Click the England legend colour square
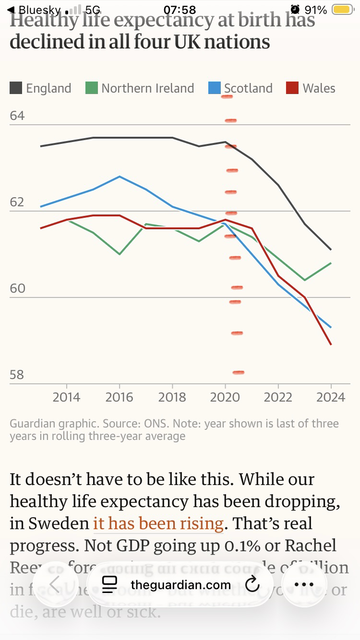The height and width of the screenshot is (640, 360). point(16,88)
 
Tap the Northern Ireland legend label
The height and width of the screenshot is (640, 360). point(147,88)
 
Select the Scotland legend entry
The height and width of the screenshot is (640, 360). point(248,88)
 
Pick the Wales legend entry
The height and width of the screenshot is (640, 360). point(319,88)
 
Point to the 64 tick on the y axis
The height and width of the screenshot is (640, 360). point(17,116)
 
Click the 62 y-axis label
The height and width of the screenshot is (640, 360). point(17,202)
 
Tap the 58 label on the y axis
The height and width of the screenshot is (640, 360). point(17,375)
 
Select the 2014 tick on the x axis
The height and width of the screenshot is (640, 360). point(66,397)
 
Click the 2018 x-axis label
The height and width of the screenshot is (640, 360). point(172,397)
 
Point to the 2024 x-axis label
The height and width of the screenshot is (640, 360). point(331,397)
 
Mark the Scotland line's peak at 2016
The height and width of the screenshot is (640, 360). point(120,177)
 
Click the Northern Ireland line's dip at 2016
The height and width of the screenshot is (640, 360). point(120,254)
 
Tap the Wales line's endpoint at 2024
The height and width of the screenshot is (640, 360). point(331,344)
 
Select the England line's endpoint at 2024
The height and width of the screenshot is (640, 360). point(331,249)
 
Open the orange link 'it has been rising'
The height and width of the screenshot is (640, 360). point(158,523)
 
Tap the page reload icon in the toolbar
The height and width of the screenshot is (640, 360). point(252,584)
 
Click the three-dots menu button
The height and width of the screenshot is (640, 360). point(303,584)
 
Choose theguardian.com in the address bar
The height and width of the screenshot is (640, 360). point(180,585)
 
